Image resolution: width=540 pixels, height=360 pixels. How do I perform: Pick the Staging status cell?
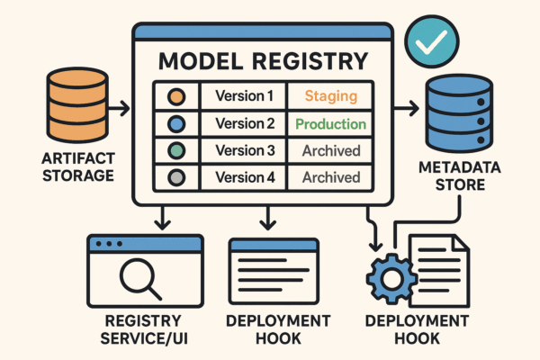pyautogui.click(x=330, y=95)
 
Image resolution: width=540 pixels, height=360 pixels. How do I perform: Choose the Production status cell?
pyautogui.click(x=330, y=123)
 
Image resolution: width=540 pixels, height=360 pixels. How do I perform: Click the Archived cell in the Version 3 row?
pyautogui.click(x=330, y=150)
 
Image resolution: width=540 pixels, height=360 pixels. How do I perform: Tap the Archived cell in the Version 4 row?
pyautogui.click(x=330, y=177)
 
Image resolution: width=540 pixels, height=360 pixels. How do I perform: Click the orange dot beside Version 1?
pyautogui.click(x=175, y=95)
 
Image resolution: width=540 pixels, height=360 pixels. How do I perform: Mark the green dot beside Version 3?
pyautogui.click(x=175, y=150)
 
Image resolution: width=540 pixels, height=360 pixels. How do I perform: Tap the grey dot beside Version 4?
pyautogui.click(x=175, y=177)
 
